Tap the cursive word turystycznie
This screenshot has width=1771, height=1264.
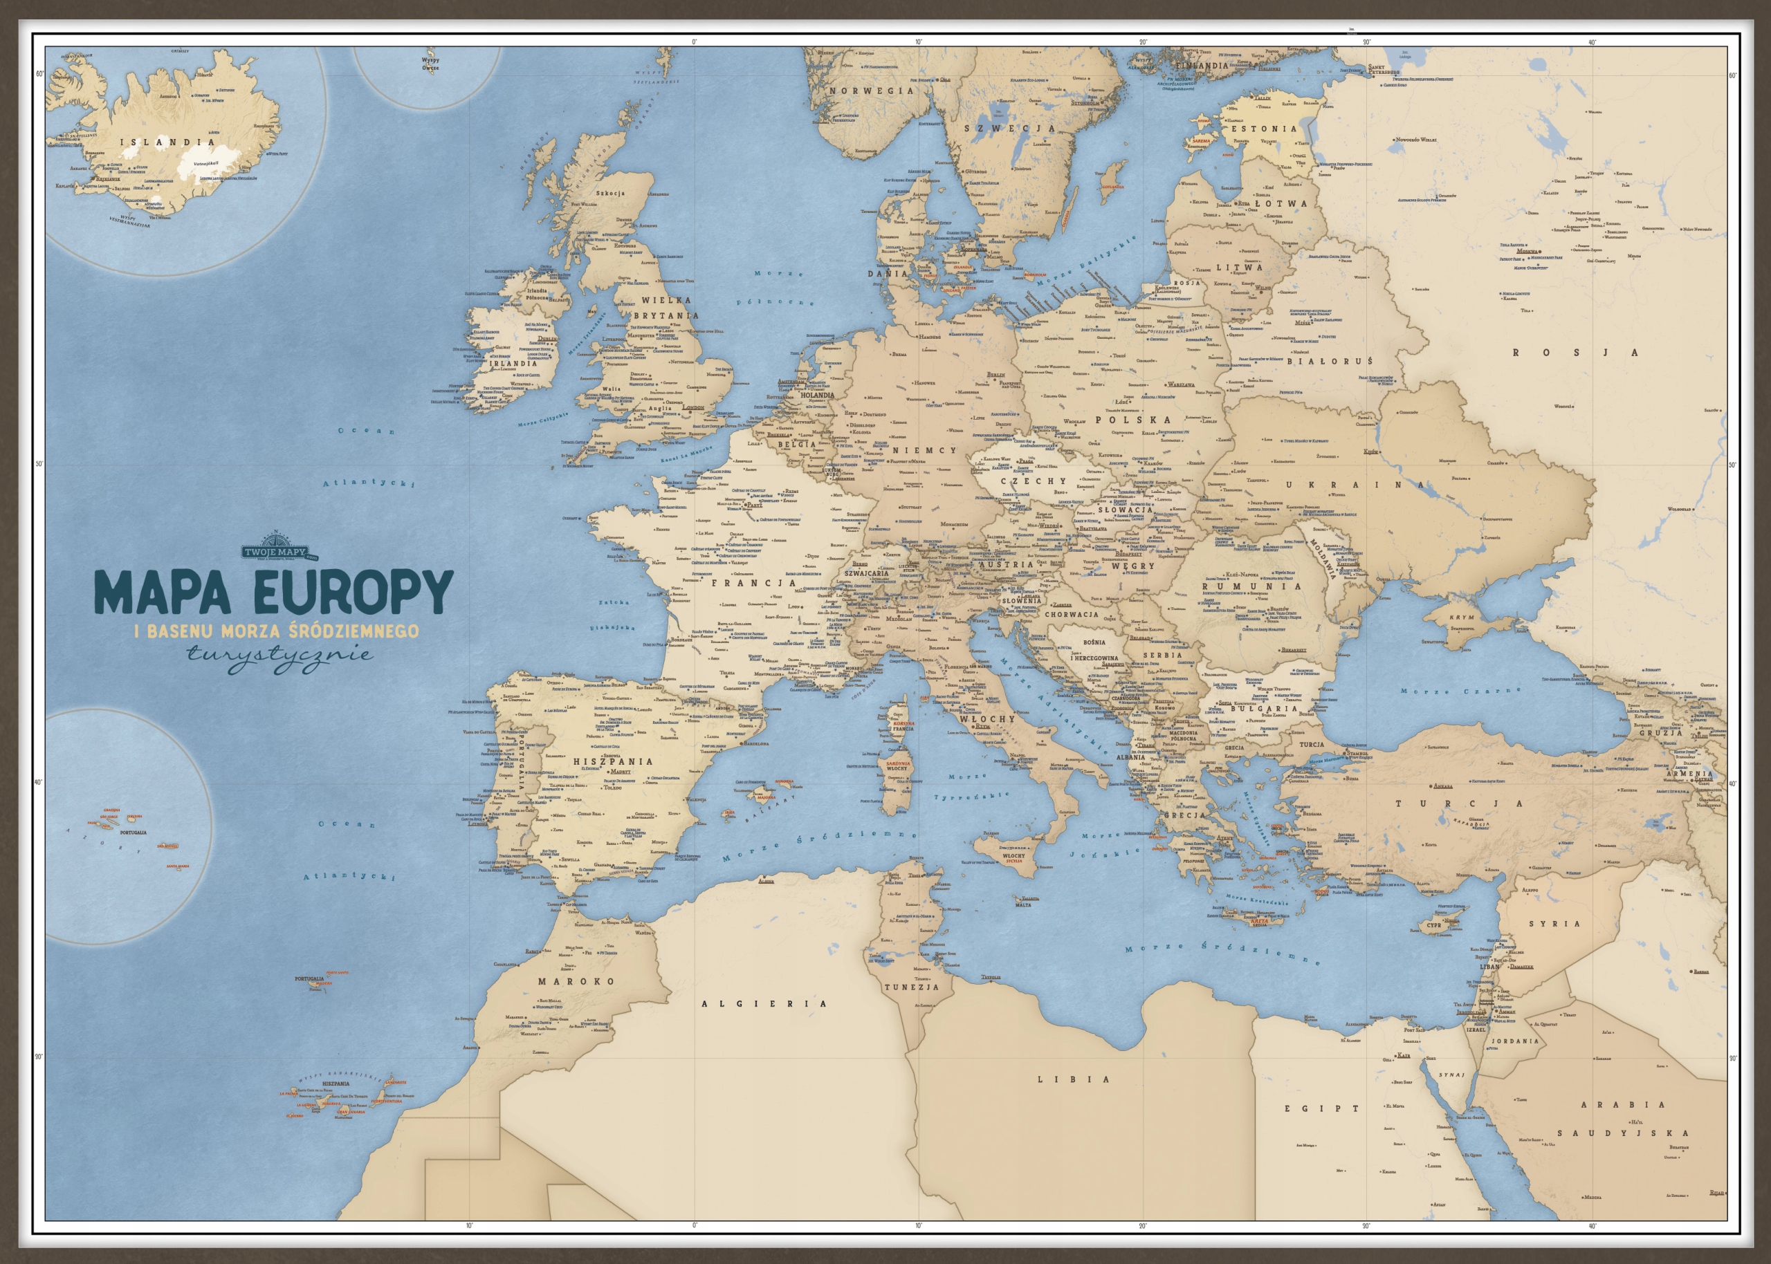pos(280,654)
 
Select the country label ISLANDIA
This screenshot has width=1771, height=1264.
pos(167,142)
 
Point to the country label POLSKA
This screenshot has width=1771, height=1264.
pos(1132,420)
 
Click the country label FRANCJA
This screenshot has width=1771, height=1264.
pos(754,582)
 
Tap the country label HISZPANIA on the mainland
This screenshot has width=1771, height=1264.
pos(613,761)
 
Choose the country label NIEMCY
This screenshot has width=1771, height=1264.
pos(924,451)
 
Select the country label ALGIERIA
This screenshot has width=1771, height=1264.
pos(764,1003)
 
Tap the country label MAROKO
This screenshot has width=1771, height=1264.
pos(576,980)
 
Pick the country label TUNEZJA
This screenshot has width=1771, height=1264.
pos(912,987)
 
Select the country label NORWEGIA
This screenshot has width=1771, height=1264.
pos(871,91)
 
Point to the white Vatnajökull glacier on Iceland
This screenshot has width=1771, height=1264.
pos(204,162)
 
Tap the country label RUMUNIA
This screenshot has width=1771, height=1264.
pos(1251,586)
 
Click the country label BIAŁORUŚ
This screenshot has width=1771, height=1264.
pos(1330,361)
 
